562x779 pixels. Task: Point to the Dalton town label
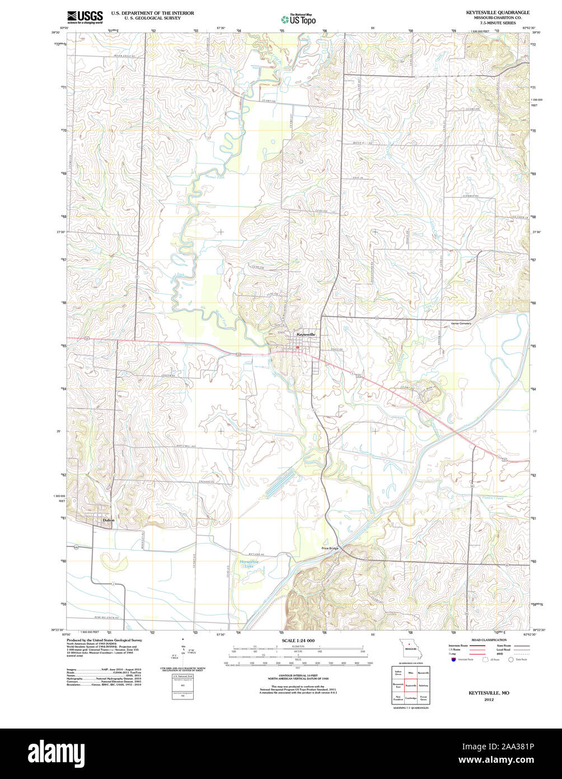click(109, 520)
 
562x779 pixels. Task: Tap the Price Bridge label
click(330, 548)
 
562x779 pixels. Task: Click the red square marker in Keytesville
click(298, 347)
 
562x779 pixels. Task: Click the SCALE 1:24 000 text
click(298, 641)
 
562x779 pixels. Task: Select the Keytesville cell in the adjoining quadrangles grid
click(411, 685)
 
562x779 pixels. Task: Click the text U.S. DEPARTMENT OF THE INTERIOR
click(152, 12)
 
